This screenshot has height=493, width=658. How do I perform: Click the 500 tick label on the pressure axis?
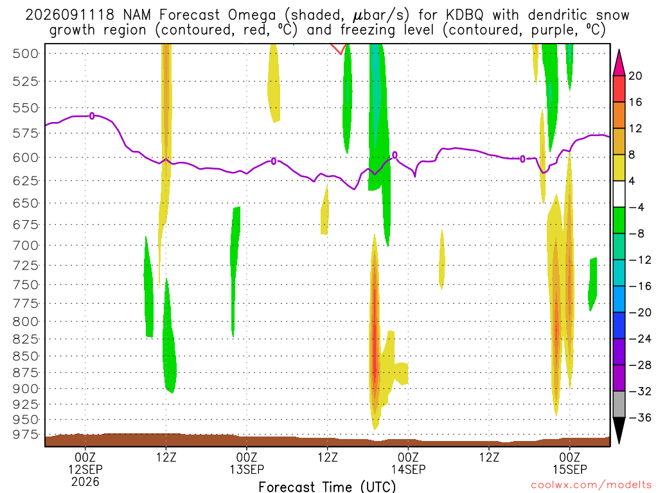(26, 54)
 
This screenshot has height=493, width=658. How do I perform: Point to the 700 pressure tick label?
(26, 245)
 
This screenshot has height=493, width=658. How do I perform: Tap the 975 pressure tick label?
(26, 435)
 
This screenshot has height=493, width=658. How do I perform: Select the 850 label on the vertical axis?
(26, 356)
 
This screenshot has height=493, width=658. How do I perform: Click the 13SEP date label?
(247, 469)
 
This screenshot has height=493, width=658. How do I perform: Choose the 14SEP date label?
(408, 469)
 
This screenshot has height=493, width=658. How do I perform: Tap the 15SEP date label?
(569, 469)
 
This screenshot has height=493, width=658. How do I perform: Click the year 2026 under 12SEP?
(85, 481)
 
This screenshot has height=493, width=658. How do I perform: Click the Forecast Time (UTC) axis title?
(327, 487)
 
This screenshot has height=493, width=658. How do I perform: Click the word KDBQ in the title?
(464, 15)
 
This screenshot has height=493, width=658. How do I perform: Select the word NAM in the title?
(137, 15)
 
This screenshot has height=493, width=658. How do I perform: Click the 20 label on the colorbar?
(636, 76)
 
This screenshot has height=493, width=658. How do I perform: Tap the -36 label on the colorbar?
(639, 417)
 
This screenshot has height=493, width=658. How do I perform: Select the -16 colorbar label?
(639, 286)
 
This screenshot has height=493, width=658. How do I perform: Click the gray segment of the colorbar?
(619, 404)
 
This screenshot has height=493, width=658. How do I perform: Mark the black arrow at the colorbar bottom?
(619, 429)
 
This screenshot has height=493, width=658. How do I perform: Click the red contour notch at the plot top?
(339, 49)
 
